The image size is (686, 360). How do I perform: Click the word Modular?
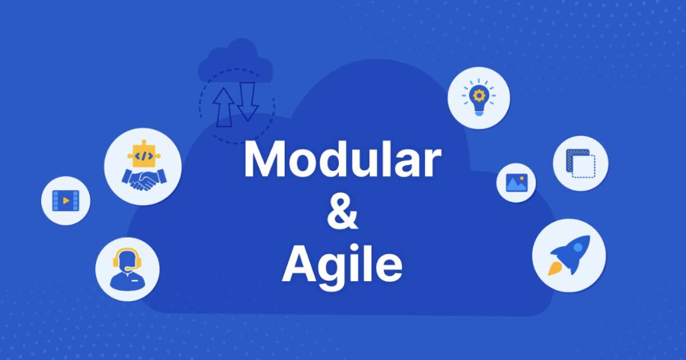pos(342,159)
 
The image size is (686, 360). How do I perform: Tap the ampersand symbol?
pos(342,211)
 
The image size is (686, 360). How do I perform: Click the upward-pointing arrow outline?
pos(224,107)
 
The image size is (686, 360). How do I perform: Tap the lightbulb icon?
pos(479,97)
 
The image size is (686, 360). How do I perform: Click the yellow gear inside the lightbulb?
pos(479,96)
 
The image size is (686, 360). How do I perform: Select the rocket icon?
pos(569,255)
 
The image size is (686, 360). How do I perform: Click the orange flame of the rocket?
pos(555,269)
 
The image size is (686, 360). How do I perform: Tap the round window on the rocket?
pos(578,247)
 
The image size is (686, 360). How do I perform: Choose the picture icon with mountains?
pos(517,183)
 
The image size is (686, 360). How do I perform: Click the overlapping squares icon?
pos(581,163)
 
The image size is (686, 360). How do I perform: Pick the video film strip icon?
pos(66,201)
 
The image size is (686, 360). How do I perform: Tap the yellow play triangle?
pos(66,201)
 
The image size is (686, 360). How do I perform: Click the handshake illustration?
pos(144,179)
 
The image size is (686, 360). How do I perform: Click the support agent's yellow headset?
pos(127,259)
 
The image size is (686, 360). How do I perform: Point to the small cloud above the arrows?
pos(235,61)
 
